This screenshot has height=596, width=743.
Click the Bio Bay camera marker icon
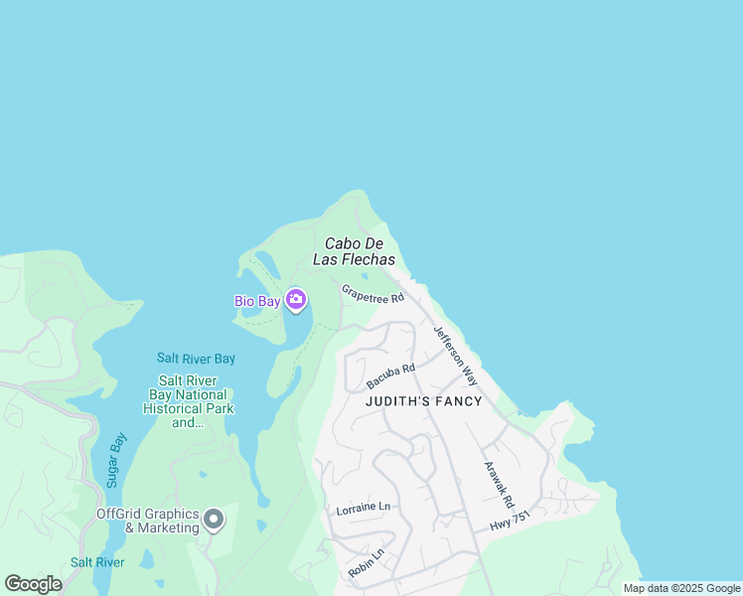pos(296,299)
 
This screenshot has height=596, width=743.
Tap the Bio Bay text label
pos(256,300)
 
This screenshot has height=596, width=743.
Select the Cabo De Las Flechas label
pos(360,251)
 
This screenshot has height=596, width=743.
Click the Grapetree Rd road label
pos(372,295)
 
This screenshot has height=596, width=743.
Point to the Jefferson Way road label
pos(456,355)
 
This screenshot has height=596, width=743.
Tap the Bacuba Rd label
pos(389,375)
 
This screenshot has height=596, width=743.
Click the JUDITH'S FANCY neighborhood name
pos(423,401)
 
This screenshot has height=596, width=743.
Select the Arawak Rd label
pos(498,486)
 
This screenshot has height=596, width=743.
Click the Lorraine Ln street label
pos(363,507)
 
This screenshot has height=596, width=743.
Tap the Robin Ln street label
pos(366,564)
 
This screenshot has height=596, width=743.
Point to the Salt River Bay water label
pos(196,358)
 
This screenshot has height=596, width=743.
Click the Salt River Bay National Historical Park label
pos(188,401)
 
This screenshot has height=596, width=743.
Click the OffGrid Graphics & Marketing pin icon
pos(214,520)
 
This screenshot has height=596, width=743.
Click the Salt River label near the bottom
pos(97,562)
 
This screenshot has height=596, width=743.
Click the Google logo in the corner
pos(33,583)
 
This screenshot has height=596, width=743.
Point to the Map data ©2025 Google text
pos(681,588)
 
